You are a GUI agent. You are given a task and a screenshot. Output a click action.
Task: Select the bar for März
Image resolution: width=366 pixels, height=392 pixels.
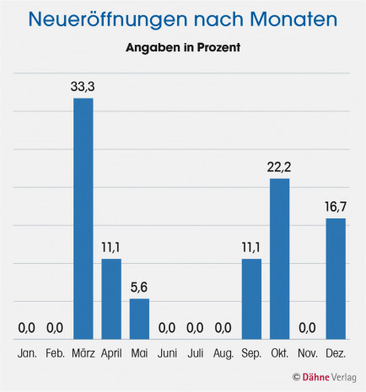83,218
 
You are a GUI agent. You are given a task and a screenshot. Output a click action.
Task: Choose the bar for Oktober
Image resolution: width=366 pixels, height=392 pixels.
280,258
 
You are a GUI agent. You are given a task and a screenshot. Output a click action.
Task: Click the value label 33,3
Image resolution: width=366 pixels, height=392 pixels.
83,85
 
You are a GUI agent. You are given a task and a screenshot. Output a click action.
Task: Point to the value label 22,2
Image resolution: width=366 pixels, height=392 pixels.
280,165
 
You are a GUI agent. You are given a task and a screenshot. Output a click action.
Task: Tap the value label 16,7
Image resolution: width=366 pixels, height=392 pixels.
336,205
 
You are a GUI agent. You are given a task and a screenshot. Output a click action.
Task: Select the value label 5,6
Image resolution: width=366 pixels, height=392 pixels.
139,286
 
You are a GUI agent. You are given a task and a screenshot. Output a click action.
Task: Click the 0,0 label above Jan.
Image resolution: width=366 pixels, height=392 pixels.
28,326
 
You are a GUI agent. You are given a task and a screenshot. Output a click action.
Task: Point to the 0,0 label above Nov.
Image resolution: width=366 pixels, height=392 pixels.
308,326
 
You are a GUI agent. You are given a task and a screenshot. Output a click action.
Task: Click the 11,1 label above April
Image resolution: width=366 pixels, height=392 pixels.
111,245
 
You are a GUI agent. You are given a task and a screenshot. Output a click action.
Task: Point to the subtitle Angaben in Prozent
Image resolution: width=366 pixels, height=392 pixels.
183,48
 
